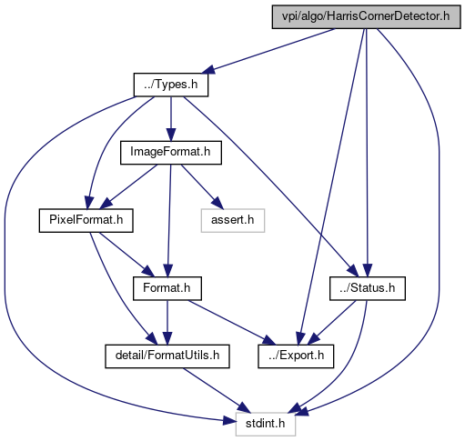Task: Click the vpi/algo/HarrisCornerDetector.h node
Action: coord(366,16)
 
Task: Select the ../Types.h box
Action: coord(171,85)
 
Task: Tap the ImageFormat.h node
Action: coord(171,153)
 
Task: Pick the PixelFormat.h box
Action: coord(86,221)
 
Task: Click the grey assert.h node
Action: coord(233,221)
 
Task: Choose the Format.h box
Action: coord(167,288)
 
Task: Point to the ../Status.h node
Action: coord(368,288)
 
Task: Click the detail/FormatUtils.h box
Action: coord(167,356)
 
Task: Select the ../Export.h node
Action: coord(296,356)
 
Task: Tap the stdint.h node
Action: coord(266,424)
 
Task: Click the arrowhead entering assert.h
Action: coord(217,204)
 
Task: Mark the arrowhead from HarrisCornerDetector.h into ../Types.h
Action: coord(208,70)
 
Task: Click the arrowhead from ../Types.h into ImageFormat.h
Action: coord(171,135)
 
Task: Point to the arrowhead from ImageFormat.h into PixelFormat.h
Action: coord(106,203)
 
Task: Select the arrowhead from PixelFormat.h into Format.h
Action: coord(148,271)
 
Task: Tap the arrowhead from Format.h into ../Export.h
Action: coord(269,341)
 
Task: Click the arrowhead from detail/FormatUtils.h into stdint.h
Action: coord(245,407)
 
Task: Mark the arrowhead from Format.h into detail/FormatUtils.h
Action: coord(167,338)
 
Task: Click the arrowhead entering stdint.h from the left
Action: coord(229,421)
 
